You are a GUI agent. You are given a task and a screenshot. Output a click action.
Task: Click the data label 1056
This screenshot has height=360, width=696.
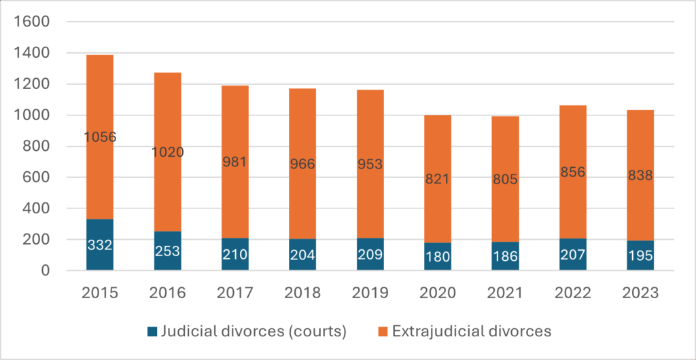100,137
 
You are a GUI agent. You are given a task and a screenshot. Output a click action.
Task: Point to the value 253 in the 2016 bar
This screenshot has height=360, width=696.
167,251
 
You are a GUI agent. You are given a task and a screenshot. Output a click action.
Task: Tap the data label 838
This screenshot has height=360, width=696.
640,176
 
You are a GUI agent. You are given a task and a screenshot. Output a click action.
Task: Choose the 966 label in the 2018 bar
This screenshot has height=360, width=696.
302,164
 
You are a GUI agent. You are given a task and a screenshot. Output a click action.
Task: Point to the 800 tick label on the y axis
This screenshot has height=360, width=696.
39,147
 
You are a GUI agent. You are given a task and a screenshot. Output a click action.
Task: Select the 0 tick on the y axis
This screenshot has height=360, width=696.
46,271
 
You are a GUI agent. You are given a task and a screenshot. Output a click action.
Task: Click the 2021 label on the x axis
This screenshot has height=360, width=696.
505,293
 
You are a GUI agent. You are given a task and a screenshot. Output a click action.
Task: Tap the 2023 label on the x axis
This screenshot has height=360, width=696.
640,293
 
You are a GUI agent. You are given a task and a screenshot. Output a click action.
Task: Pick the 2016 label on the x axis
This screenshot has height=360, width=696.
167,293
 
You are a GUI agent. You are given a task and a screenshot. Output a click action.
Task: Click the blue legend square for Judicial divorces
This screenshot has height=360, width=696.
152,332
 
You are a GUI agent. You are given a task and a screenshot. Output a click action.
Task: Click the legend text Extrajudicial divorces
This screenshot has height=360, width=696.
471,332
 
